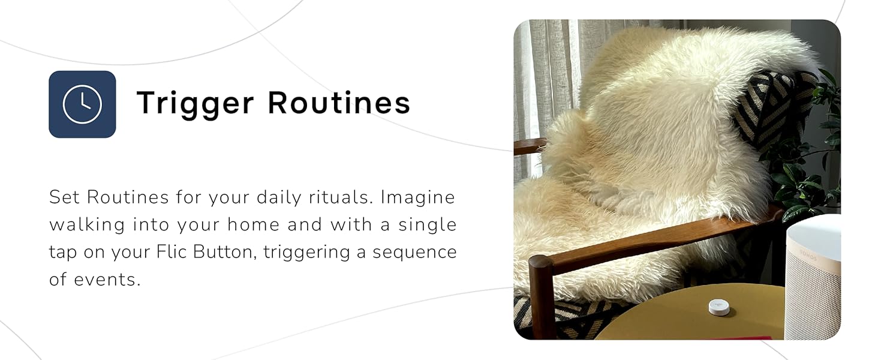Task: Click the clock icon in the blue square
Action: click(82, 104)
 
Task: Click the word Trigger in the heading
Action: click(196, 103)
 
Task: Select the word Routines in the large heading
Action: click(339, 103)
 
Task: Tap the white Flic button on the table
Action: click(719, 307)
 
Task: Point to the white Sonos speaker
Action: click(813, 276)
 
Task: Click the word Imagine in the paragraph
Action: click(418, 197)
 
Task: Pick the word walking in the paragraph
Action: click(87, 225)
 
